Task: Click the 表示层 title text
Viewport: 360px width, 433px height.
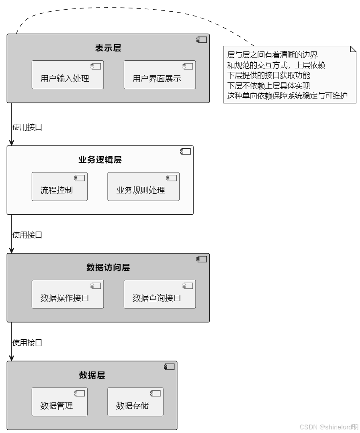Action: click(108, 48)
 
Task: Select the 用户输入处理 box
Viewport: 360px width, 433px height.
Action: click(67, 75)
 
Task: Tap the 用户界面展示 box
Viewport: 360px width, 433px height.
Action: click(160, 75)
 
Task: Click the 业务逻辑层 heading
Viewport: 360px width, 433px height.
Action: click(100, 160)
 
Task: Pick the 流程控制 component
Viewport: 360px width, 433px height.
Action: click(59, 187)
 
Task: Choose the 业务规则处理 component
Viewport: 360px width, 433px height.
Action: click(143, 187)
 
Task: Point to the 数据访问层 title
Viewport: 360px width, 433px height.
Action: click(108, 267)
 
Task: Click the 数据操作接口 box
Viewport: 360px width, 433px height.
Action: click(67, 294)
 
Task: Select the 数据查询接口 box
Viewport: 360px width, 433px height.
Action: click(160, 294)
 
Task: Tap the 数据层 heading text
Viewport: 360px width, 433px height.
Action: click(92, 375)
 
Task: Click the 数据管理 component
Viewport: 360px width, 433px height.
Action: click(59, 402)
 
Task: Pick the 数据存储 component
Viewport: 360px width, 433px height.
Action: click(135, 402)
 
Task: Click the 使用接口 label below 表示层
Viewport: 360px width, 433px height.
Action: click(27, 127)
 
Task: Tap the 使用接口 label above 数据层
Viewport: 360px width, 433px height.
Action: click(27, 343)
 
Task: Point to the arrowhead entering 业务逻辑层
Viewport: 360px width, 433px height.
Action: click(12, 142)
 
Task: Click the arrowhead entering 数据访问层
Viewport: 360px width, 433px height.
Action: click(12, 250)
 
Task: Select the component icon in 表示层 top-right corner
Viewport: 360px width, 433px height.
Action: click(202, 40)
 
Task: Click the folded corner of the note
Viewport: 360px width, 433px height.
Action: click(354, 49)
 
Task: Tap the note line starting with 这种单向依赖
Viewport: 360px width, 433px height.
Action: click(287, 96)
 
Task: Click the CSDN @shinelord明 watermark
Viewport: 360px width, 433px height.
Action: click(329, 427)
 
